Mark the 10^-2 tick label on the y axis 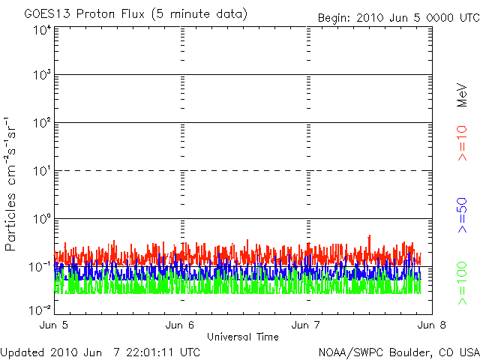(x=40, y=310)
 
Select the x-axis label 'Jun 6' (x=181, y=325)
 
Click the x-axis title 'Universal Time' (x=243, y=336)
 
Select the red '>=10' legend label (x=462, y=143)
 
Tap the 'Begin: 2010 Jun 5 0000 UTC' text (x=397, y=17)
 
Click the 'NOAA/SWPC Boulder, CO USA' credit (x=398, y=351)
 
